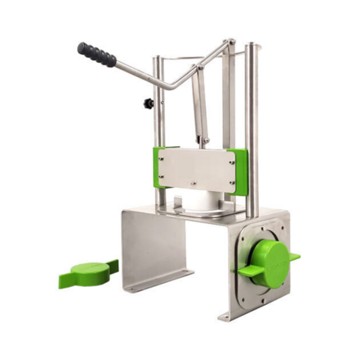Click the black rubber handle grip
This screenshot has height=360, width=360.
pos(97,55)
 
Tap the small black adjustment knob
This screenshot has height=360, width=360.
pos(148,103)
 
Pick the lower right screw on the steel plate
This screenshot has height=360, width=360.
pos(232,182)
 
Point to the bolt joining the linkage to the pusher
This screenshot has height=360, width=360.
pos(205,140)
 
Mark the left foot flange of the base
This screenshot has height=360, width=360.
pos(159,281)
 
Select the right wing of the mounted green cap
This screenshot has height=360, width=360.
pos(295,256)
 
